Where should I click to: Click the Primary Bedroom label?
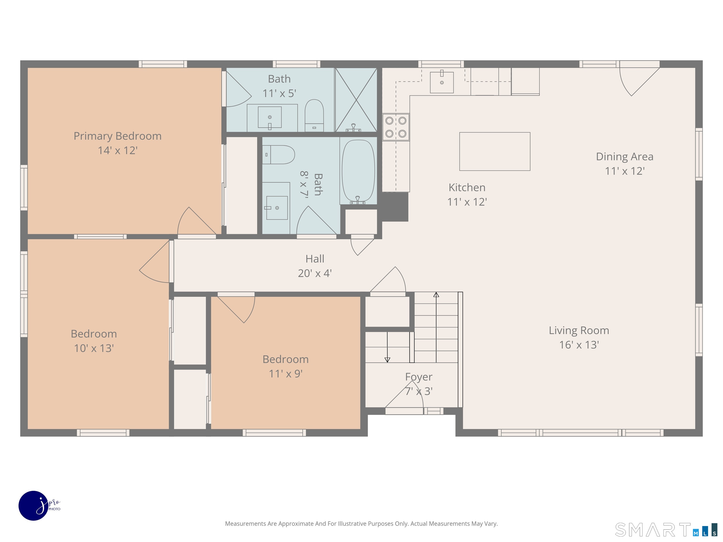(117, 136)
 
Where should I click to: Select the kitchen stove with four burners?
(396, 127)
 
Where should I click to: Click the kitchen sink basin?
(442, 82)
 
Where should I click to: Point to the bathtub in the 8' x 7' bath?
(358, 171)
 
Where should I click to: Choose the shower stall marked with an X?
(356, 100)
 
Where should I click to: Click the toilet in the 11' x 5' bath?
(314, 115)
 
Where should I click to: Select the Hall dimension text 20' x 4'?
(315, 273)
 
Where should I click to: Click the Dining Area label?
(625, 156)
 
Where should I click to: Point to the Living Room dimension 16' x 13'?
(579, 345)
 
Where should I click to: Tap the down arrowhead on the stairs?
(387, 360)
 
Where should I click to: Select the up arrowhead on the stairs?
(436, 295)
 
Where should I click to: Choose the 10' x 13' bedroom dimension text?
(94, 348)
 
